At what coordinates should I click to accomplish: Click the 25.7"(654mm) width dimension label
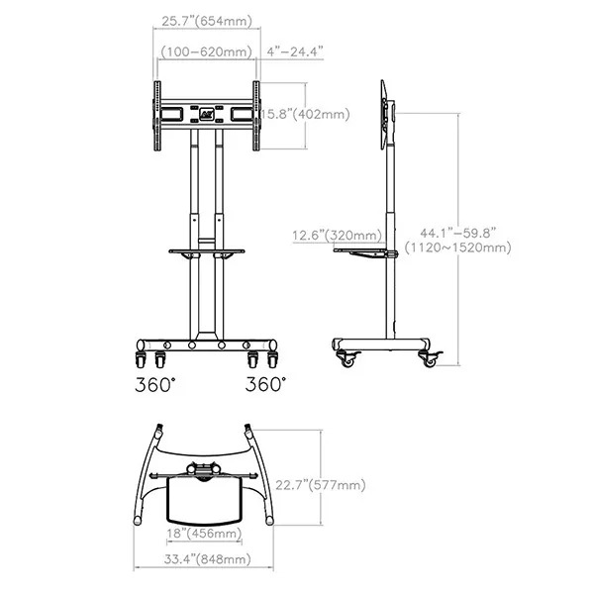click(x=207, y=21)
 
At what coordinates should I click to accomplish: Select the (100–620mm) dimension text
click(x=207, y=51)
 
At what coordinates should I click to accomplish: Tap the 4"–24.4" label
click(x=295, y=51)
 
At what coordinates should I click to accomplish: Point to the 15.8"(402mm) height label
click(x=305, y=114)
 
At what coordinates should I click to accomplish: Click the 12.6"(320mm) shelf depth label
click(x=338, y=236)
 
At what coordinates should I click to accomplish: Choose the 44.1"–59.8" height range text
click(x=458, y=233)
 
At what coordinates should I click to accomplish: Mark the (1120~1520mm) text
click(x=458, y=247)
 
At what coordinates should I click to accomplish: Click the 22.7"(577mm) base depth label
click(x=321, y=485)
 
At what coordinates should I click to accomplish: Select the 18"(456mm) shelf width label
click(x=205, y=534)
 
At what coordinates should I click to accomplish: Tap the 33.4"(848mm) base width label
click(x=208, y=559)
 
